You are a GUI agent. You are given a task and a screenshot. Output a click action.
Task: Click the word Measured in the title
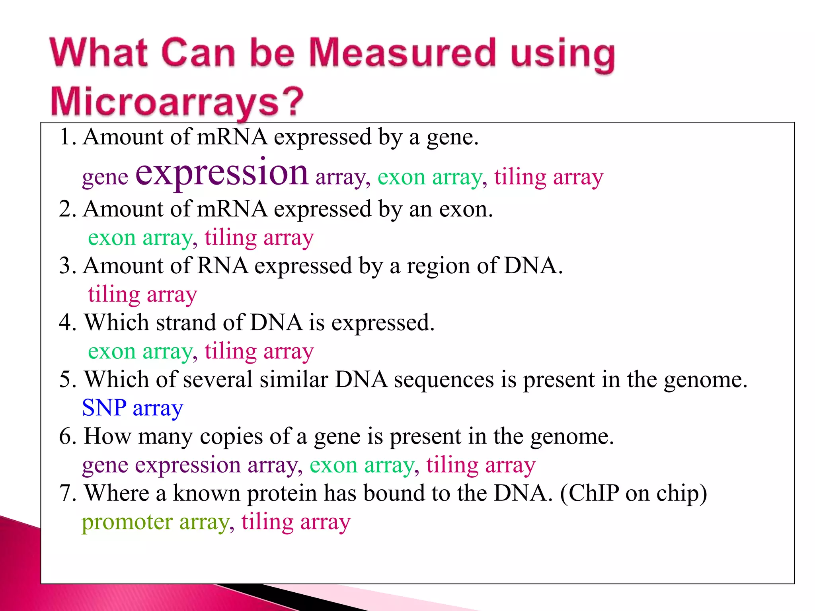click(x=402, y=53)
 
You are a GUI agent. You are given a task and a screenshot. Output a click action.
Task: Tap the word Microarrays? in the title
click(x=177, y=102)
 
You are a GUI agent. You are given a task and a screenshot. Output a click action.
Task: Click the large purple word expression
click(x=222, y=172)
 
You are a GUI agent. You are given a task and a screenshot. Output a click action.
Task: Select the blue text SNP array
click(x=133, y=408)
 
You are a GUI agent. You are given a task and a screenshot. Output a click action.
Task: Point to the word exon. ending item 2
click(x=466, y=209)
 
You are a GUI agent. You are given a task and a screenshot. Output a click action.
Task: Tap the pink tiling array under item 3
click(x=142, y=295)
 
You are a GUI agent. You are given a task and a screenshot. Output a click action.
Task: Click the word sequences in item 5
click(x=444, y=379)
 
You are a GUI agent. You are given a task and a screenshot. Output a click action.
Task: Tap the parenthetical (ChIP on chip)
click(x=634, y=493)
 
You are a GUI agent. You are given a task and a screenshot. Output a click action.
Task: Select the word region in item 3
click(x=438, y=266)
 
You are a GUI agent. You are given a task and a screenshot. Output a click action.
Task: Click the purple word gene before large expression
click(x=105, y=177)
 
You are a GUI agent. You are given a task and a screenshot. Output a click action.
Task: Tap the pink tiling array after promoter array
click(x=296, y=522)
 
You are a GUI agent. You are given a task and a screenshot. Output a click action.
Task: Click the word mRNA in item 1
click(x=232, y=137)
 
